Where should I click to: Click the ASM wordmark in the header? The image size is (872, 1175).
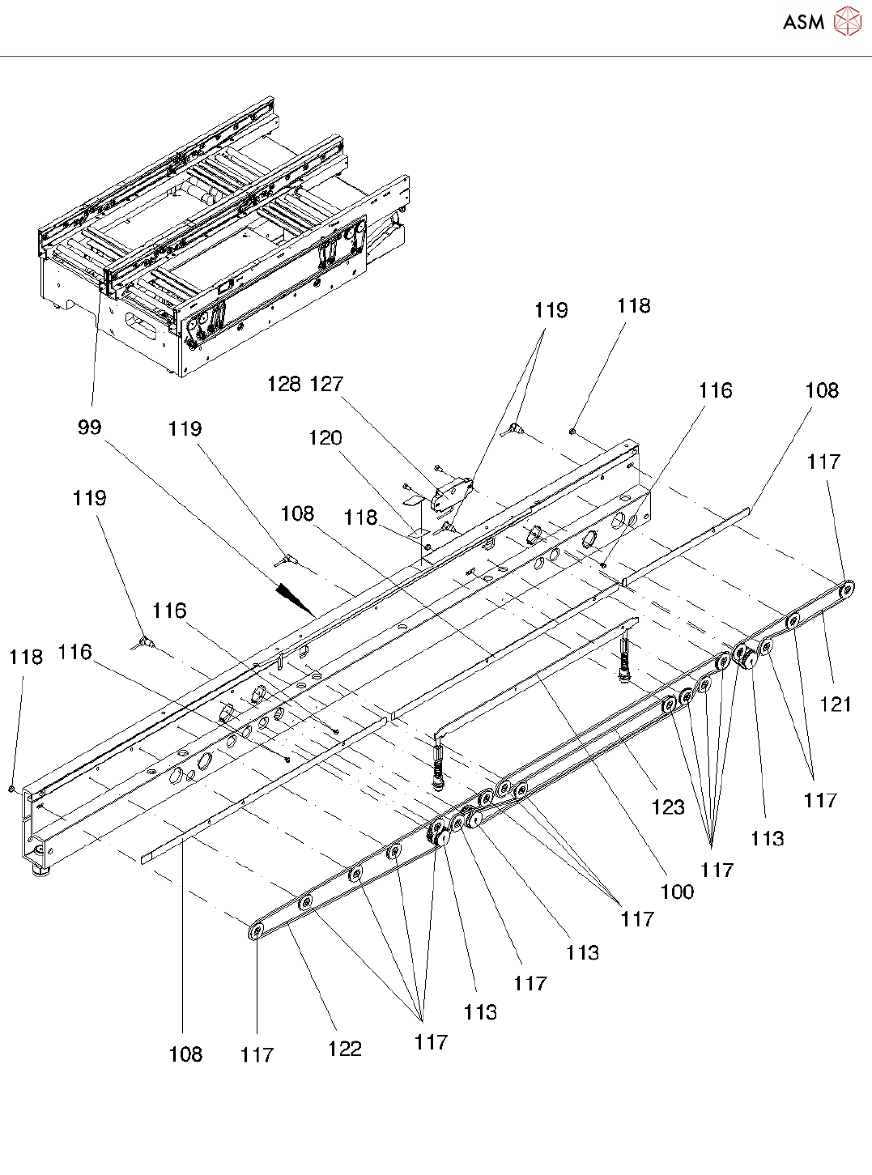pyautogui.click(x=803, y=23)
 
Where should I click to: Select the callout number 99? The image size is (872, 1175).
pyautogui.click(x=90, y=428)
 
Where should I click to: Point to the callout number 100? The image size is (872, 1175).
pyautogui.click(x=677, y=892)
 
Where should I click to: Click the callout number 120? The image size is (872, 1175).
pyautogui.click(x=325, y=438)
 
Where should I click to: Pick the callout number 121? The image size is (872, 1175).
pyautogui.click(x=836, y=705)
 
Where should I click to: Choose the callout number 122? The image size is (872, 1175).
pyautogui.click(x=344, y=1049)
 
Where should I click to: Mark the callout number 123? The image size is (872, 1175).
pyautogui.click(x=668, y=807)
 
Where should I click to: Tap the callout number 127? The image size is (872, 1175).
pyautogui.click(x=327, y=384)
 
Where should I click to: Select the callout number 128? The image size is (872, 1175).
pyautogui.click(x=284, y=384)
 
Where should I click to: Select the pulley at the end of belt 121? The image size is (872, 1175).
pyautogui.click(x=846, y=590)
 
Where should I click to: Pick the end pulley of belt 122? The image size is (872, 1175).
pyautogui.click(x=257, y=932)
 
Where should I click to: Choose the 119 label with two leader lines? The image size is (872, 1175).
pyautogui.click(x=551, y=310)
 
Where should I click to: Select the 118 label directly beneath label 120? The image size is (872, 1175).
pyautogui.click(x=361, y=517)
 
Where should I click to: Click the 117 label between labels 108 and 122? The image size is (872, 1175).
pyautogui.click(x=257, y=1054)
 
